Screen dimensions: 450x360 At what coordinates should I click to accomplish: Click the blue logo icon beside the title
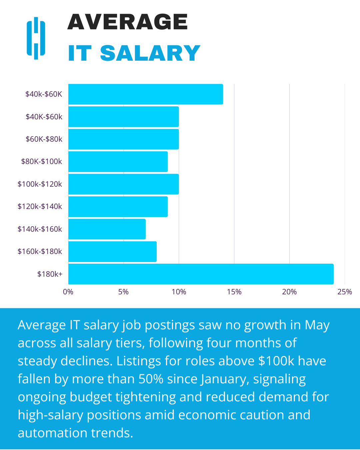pyautogui.click(x=36, y=38)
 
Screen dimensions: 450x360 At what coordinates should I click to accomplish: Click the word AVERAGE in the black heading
pyautogui.click(x=128, y=22)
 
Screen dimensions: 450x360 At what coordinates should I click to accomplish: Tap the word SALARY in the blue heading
pyautogui.click(x=150, y=53)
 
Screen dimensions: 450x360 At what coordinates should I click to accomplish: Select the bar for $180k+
pyautogui.click(x=201, y=274)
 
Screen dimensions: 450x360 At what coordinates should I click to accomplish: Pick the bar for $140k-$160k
pyautogui.click(x=107, y=229)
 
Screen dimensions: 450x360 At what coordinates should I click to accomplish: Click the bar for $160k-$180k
pyautogui.click(x=112, y=252)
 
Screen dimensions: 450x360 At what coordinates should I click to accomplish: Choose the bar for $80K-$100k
pyautogui.click(x=118, y=162)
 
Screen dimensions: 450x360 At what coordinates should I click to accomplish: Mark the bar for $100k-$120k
pyautogui.click(x=123, y=184)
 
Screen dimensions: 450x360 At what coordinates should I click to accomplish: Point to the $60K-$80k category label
pyautogui.click(x=44, y=139)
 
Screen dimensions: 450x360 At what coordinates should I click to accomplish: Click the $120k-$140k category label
pyautogui.click(x=40, y=206)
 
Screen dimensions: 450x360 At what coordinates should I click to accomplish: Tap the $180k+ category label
pyautogui.click(x=50, y=274)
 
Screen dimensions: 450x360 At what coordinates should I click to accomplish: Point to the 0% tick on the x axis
pyautogui.click(x=68, y=292)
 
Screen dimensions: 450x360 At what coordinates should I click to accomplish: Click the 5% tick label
pyautogui.click(x=123, y=292)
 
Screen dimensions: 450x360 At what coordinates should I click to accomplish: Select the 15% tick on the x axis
pyautogui.click(x=234, y=292)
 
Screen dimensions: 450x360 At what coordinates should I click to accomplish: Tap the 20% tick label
pyautogui.click(x=289, y=292)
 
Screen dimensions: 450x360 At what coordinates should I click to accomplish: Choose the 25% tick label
pyautogui.click(x=345, y=292)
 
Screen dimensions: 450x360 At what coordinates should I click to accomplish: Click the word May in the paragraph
pyautogui.click(x=317, y=325)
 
